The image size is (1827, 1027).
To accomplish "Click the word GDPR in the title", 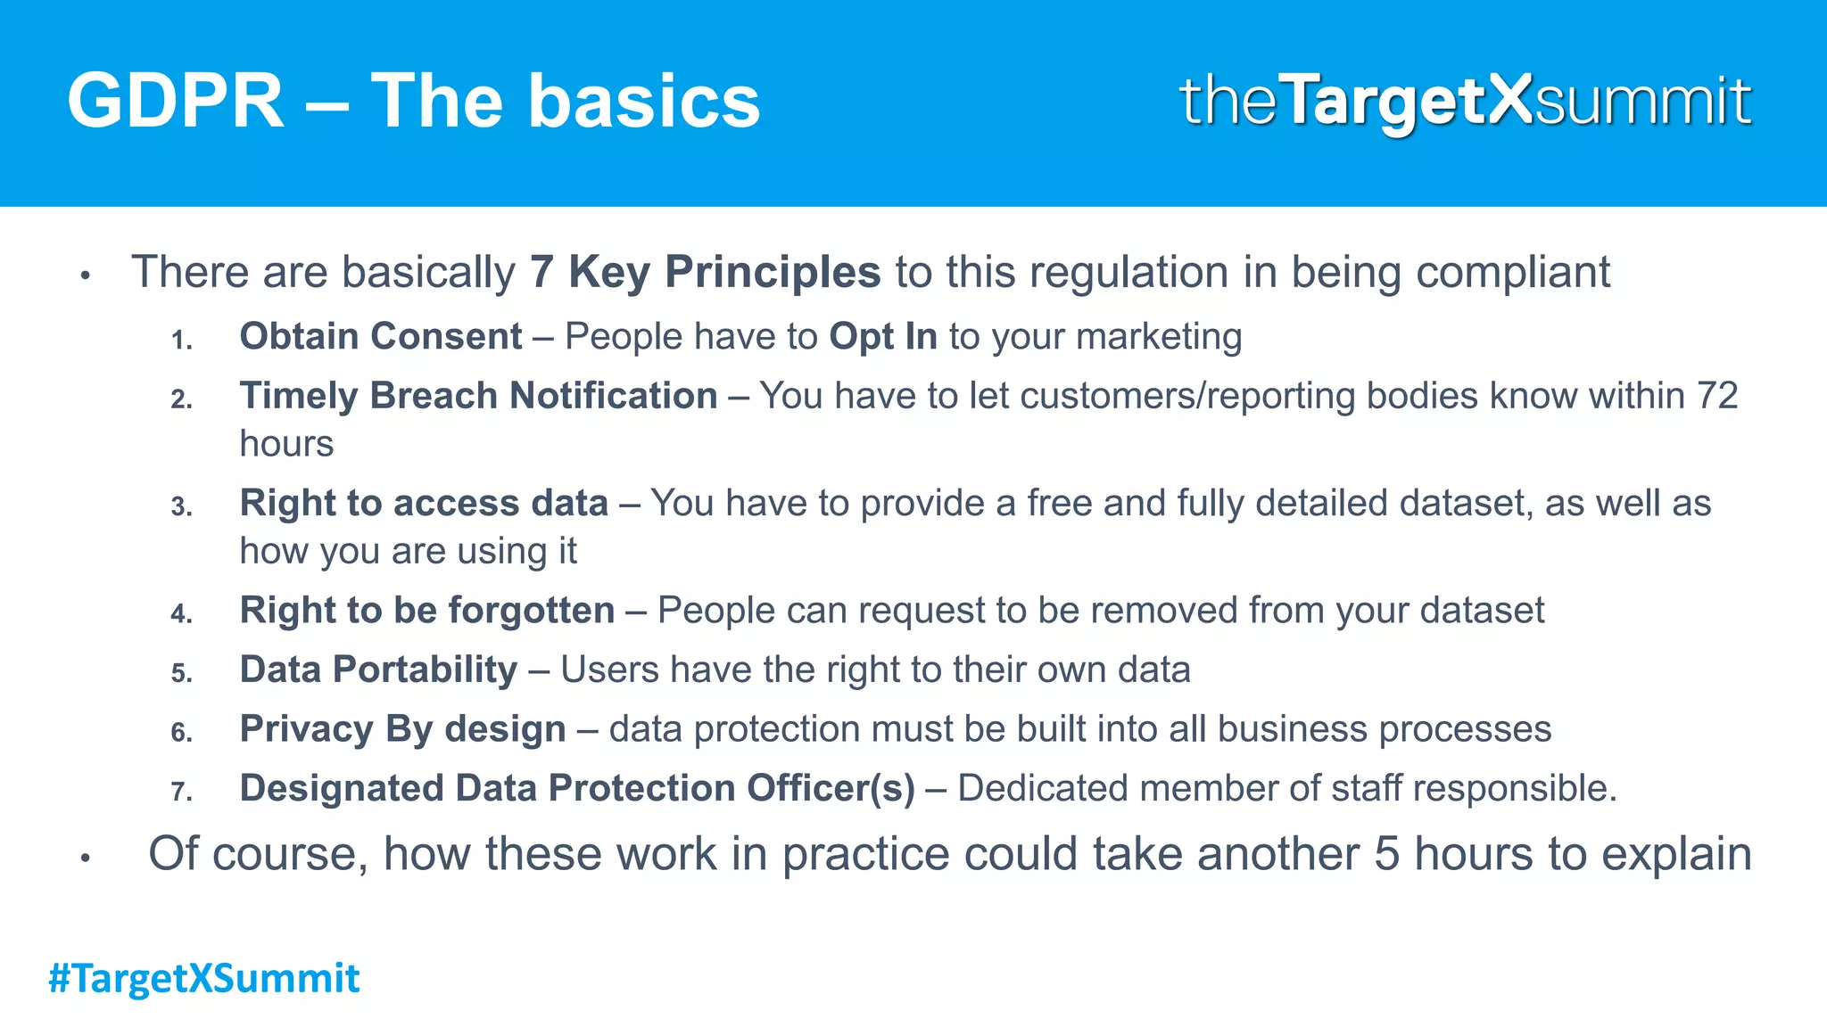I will coord(175,102).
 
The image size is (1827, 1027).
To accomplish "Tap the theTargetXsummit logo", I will coord(1465,101).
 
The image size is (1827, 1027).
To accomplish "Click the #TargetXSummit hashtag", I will coord(204,978).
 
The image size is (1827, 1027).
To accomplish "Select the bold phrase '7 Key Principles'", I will coord(705,272).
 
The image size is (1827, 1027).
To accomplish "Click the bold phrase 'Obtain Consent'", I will coord(380,337).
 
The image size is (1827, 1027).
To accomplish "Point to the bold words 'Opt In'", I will coord(882,337).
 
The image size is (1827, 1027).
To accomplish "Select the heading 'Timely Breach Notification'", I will coord(478,396).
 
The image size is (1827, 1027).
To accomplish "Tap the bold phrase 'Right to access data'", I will coord(424,504).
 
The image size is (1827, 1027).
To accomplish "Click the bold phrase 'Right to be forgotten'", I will coord(427,611).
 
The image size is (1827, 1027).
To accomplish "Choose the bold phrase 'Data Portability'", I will coord(378,670).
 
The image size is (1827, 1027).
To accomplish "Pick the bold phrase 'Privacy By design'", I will coord(402,729).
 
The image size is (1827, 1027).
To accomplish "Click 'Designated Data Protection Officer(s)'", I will coord(577,788).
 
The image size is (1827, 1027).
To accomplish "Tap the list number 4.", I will coord(181,614).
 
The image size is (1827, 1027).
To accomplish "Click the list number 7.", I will coord(181,792).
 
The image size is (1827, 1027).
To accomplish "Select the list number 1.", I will coord(181,341).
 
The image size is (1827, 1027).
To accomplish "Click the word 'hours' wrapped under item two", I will coord(286,444).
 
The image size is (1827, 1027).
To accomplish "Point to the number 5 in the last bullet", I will coord(1386,854).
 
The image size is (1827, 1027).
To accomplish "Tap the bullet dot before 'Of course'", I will coord(86,859).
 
